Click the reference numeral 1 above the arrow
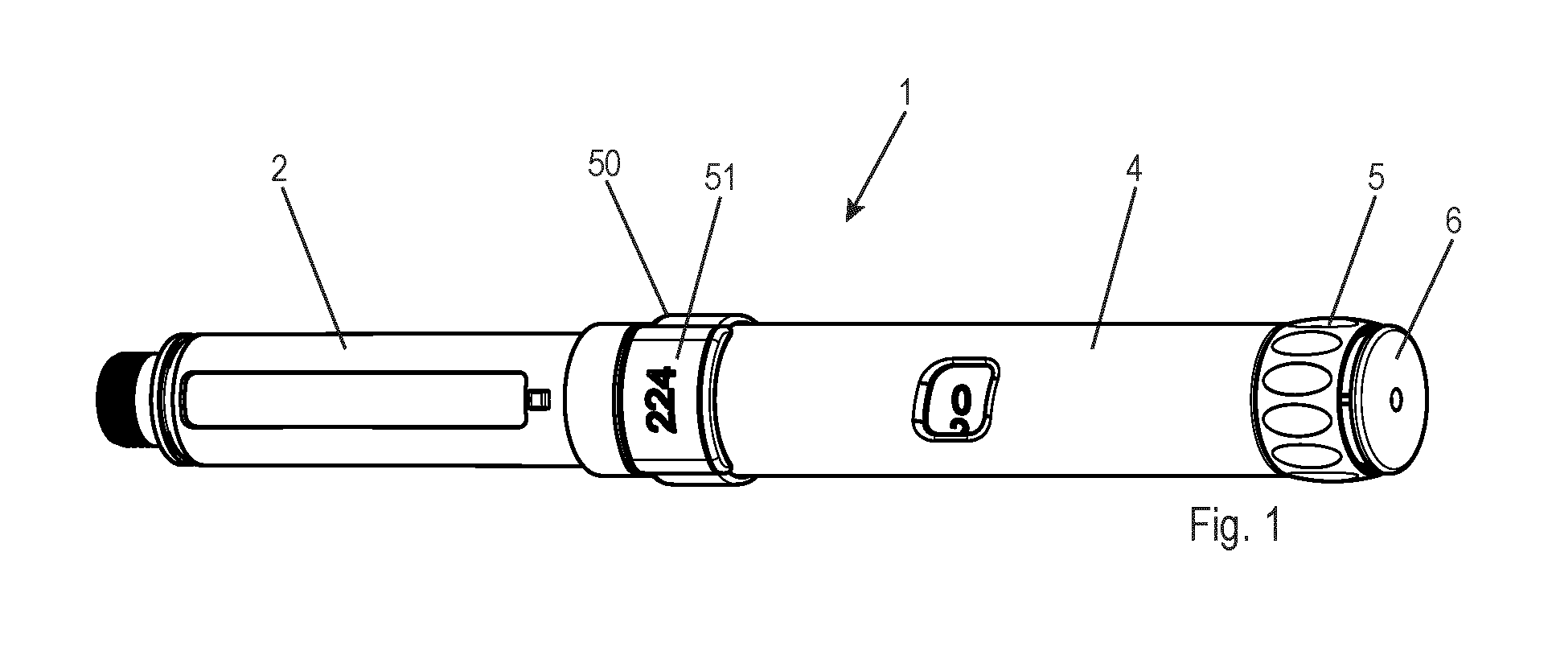906,94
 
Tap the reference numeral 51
720,179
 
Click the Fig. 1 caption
1234,525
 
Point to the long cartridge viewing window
355,399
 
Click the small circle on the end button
1396,398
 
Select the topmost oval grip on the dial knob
1295,335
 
